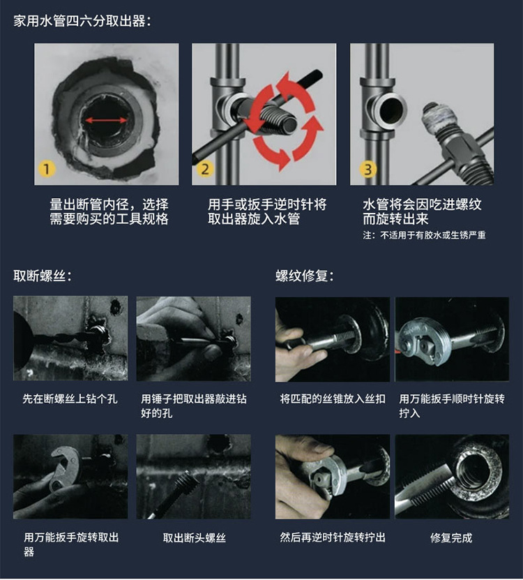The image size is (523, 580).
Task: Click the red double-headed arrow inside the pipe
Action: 106,120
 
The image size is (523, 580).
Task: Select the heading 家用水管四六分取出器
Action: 82,20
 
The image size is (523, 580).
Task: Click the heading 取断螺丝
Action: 43,275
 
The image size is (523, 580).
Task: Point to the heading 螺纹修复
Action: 305,275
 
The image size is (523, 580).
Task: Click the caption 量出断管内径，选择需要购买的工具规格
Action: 109,211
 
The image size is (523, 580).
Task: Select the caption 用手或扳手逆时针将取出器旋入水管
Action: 267,211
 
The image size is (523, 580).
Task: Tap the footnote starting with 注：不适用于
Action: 424,235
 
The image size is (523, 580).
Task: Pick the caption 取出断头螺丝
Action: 194,537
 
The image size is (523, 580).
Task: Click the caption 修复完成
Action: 451,537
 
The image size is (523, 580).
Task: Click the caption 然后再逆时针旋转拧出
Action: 332,537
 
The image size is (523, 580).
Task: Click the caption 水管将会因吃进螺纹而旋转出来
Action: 422,211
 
